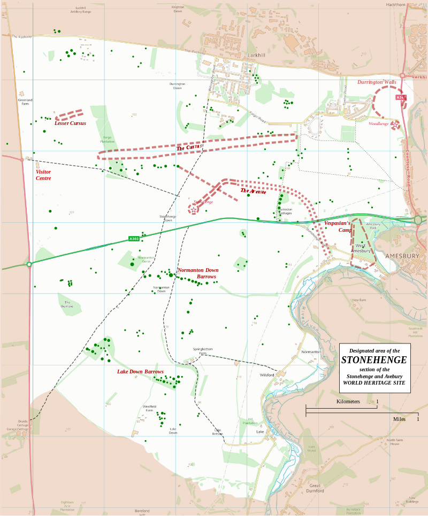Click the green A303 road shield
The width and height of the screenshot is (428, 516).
(x=134, y=238)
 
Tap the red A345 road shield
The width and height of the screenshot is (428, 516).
(x=401, y=97)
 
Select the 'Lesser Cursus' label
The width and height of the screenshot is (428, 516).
(x=70, y=123)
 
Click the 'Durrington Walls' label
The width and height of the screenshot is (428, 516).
(x=377, y=82)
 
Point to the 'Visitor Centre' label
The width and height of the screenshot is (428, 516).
(x=43, y=175)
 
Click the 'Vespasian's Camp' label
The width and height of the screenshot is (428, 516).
(x=337, y=226)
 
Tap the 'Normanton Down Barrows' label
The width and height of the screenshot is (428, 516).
(x=198, y=273)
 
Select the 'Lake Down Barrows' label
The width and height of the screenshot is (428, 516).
(x=140, y=372)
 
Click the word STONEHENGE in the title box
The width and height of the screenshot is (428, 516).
(x=374, y=360)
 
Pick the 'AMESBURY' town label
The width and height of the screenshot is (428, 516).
(x=402, y=256)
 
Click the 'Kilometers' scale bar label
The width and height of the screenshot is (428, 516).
(x=348, y=402)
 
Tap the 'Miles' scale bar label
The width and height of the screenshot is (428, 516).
(x=399, y=419)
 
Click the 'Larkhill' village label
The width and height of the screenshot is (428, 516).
(x=256, y=55)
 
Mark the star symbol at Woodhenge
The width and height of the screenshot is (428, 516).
(x=395, y=124)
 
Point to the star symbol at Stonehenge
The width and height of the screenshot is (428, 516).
(x=193, y=210)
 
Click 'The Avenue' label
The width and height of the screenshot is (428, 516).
(x=253, y=191)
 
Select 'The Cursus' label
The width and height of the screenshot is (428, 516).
(x=189, y=147)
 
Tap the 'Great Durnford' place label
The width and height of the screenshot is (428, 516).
(x=316, y=488)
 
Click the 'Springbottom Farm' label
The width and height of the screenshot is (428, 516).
(x=203, y=351)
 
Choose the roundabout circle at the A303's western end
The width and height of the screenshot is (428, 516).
(x=29, y=264)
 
